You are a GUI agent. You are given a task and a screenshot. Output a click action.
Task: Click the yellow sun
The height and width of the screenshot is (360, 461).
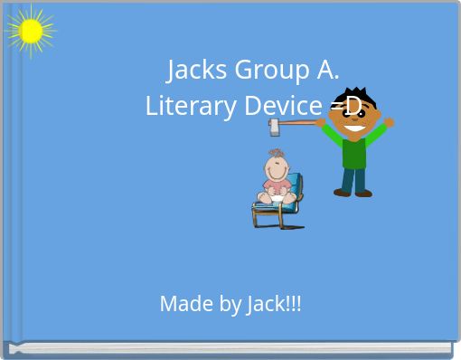(x=31, y=33)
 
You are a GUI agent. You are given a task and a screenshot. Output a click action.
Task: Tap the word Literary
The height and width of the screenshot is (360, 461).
(x=181, y=106)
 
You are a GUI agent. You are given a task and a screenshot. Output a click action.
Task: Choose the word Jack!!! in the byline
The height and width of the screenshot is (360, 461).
(x=274, y=304)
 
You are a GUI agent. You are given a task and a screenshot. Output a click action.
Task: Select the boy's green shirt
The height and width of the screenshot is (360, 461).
(x=354, y=149)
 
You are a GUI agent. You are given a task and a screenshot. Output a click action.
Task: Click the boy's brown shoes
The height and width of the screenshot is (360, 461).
(x=353, y=192)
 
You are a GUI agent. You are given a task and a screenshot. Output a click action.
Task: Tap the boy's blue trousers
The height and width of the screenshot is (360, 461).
(x=353, y=176)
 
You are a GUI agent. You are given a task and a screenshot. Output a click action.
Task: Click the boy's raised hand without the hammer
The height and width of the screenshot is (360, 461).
(x=389, y=121)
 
